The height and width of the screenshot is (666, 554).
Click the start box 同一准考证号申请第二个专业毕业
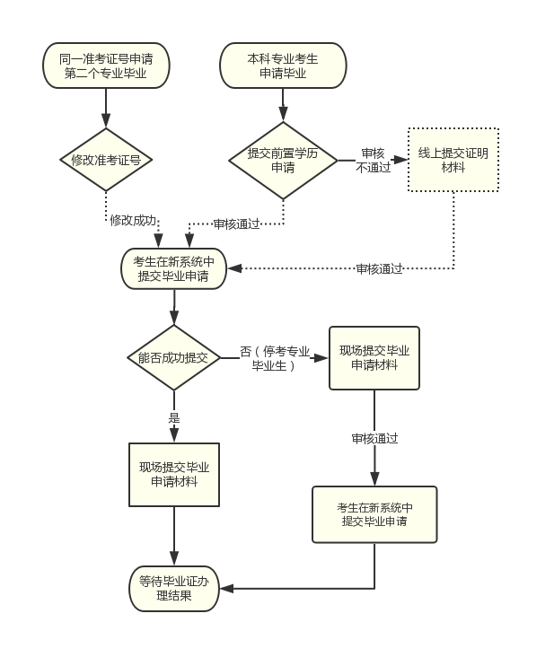[x=106, y=66]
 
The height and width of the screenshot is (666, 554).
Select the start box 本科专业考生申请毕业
[x=283, y=66]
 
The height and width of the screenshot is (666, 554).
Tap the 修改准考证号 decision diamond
[x=106, y=160]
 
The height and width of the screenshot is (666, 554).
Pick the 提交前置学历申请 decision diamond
[x=283, y=160]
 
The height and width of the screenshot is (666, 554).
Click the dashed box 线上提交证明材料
[x=453, y=160]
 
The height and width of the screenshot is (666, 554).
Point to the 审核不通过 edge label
[x=374, y=160]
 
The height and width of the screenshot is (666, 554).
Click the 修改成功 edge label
[x=133, y=220]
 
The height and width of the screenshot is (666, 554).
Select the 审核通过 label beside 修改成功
[x=236, y=223]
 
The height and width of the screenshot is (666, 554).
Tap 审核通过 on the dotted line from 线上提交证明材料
[x=379, y=268]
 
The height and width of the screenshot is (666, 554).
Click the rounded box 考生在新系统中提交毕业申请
[x=174, y=268]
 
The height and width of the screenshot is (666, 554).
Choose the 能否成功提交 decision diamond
[x=174, y=357]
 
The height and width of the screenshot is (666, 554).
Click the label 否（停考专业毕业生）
[x=275, y=358]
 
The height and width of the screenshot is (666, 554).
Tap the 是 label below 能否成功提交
[x=174, y=417]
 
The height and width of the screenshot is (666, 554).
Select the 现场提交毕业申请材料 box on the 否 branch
[x=374, y=357]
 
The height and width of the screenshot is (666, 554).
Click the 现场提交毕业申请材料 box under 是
[x=174, y=474]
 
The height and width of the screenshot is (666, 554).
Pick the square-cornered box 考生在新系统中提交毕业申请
[x=374, y=514]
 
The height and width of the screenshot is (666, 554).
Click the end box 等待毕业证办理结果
[x=174, y=588]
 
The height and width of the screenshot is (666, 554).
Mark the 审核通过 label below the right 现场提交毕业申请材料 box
[x=374, y=439]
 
